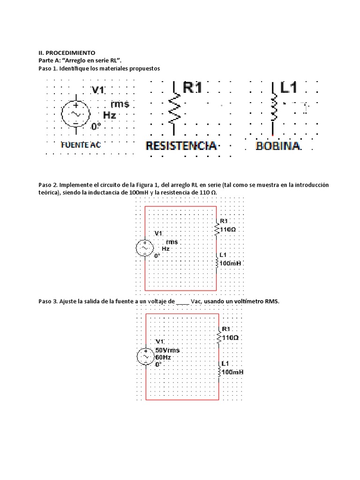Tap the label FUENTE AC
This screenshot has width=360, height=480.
click(81, 145)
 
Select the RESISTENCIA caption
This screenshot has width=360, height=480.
click(181, 146)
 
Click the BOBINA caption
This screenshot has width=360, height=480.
click(278, 146)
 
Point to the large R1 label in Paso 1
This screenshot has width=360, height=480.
click(193, 88)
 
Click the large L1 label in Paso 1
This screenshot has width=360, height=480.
click(289, 88)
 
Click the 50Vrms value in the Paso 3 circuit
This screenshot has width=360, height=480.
click(167, 350)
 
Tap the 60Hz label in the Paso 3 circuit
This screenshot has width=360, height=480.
click(163, 357)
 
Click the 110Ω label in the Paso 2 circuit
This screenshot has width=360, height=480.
click(227, 230)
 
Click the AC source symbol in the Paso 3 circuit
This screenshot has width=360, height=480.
click(145, 357)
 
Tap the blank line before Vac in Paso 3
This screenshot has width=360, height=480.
click(182, 302)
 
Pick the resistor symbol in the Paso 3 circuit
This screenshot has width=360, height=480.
click(218, 337)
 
